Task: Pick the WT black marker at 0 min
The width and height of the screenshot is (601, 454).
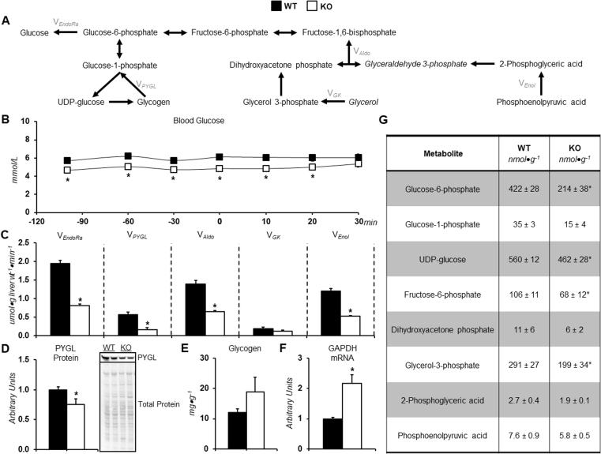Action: pos(220,157)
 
